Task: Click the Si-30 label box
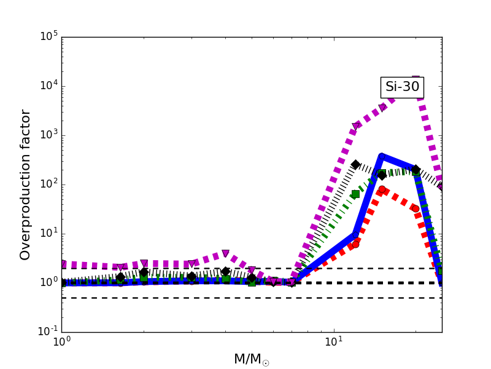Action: point(402,87)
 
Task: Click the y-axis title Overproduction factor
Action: point(25,184)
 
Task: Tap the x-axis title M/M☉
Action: point(252,359)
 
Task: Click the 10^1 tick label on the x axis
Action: point(334,342)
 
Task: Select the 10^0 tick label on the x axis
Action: point(61,342)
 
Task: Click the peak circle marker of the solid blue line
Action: point(382,157)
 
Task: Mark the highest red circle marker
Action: point(382,189)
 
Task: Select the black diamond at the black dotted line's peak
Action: point(355,164)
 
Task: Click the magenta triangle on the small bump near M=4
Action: point(225,253)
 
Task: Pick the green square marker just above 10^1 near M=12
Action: point(355,194)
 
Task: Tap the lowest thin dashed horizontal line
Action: point(245,298)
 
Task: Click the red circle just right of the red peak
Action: point(416,208)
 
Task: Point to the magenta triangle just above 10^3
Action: point(356,126)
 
